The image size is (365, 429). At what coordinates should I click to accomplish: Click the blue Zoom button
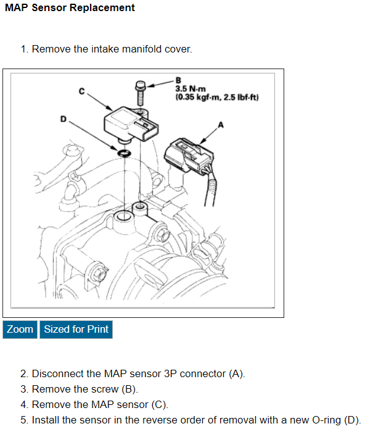click(20, 330)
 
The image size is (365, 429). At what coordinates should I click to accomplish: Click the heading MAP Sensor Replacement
click(70, 7)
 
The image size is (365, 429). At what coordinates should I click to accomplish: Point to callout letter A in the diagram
click(221, 125)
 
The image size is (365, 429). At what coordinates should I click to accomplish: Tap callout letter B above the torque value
click(178, 80)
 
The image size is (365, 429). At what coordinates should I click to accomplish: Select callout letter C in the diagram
click(81, 91)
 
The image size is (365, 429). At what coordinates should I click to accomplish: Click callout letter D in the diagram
click(63, 119)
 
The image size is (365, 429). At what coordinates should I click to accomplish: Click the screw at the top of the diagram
click(141, 93)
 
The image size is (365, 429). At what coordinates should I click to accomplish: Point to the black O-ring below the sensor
click(124, 153)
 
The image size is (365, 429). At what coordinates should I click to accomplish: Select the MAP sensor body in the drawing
click(131, 124)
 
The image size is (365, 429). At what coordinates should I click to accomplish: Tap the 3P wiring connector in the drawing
click(189, 157)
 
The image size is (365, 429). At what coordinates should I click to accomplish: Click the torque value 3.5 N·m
click(191, 89)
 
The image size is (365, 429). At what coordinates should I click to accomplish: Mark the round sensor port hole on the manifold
click(124, 217)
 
